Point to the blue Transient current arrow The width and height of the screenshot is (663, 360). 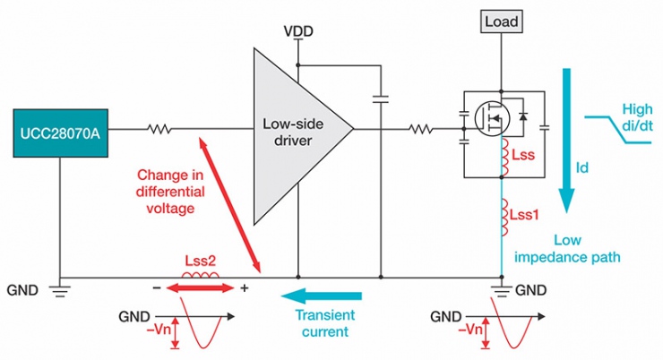[323, 296]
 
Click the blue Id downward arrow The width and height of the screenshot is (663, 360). [565, 134]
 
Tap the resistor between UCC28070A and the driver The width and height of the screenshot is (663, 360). [160, 131]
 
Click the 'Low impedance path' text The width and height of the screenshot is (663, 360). [586, 248]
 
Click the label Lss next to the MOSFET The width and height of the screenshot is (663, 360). [524, 156]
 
